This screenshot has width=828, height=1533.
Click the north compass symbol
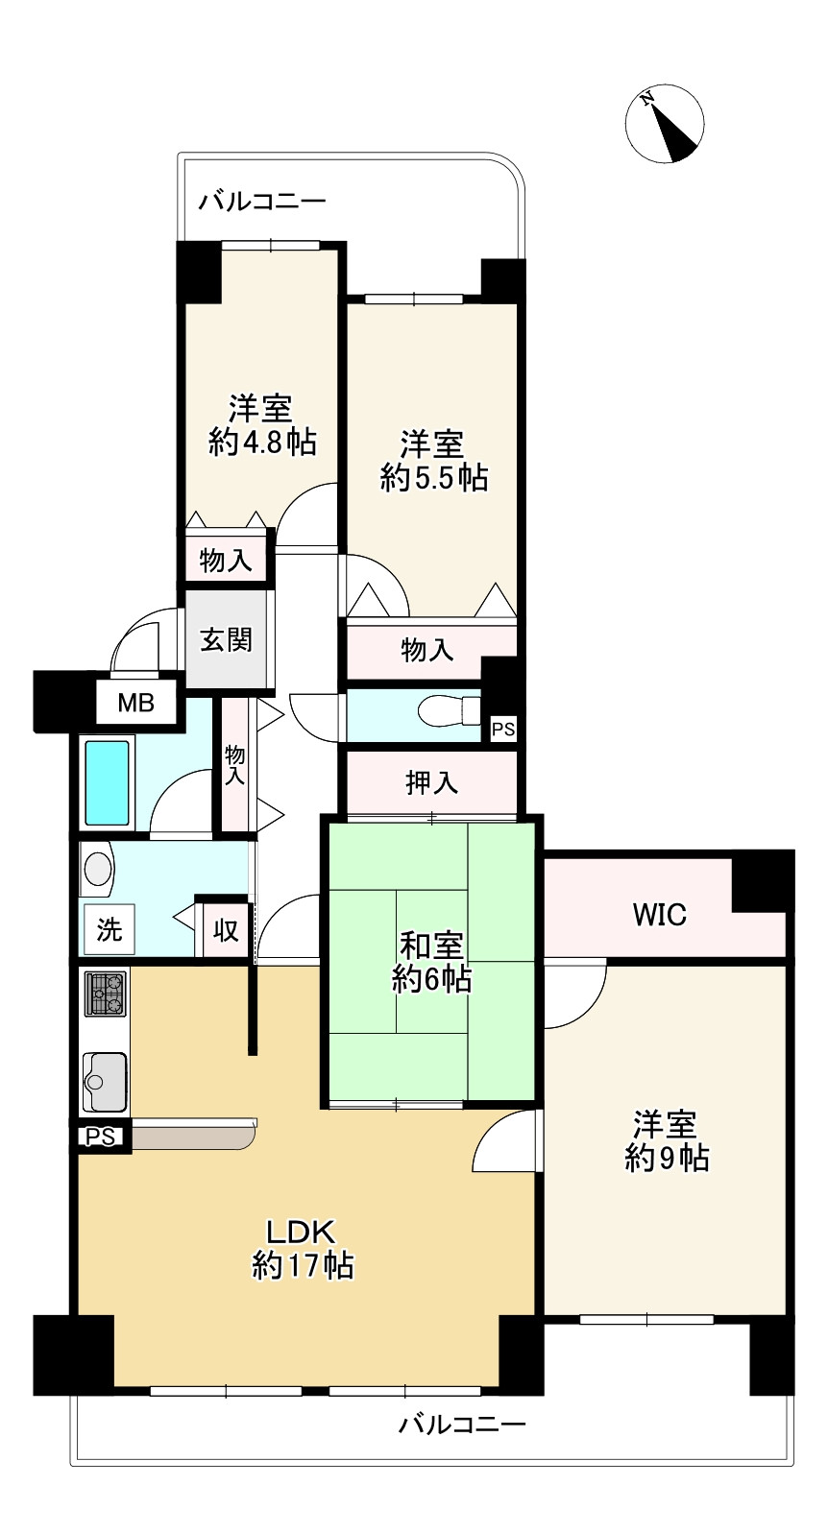(665, 125)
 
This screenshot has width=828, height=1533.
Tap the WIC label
(659, 915)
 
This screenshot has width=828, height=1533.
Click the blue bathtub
(107, 782)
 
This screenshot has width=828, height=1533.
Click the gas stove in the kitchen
(106, 994)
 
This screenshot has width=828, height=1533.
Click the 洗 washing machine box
(109, 929)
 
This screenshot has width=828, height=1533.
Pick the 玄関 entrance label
(227, 639)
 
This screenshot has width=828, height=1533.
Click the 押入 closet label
(431, 783)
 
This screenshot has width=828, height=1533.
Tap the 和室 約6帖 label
(431, 962)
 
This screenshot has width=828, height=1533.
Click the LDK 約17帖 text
(303, 1248)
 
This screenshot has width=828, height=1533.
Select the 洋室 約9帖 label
(666, 1140)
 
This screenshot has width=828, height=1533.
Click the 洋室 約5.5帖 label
(433, 461)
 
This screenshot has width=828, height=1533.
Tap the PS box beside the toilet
(503, 730)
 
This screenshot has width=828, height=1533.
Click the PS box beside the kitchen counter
(100, 1138)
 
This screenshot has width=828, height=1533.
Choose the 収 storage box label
(227, 930)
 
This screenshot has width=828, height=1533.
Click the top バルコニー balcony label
(262, 203)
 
